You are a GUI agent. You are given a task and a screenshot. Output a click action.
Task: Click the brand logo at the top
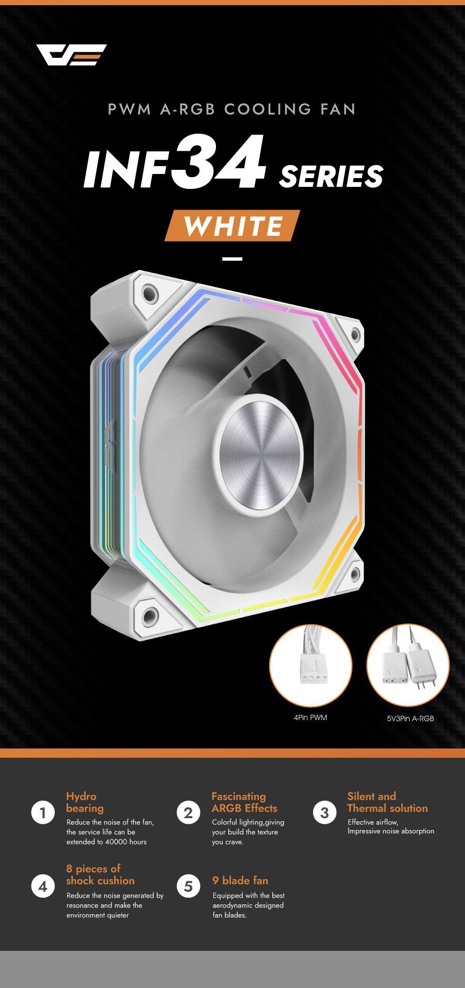coord(71,55)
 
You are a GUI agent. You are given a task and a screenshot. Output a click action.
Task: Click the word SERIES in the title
coord(331,176)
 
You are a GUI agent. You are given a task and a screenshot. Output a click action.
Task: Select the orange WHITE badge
coord(233,226)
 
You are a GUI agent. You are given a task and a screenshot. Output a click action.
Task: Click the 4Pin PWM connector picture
coord(311,666)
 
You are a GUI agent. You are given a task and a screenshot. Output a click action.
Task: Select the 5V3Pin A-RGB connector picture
coord(408,665)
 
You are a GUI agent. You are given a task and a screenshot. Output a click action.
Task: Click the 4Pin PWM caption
coord(311,718)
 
